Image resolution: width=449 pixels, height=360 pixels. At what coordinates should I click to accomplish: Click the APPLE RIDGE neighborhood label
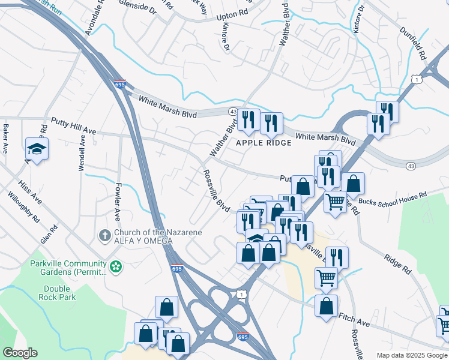pos(264,143)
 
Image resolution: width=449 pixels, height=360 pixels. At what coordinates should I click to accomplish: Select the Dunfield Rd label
pos(420,46)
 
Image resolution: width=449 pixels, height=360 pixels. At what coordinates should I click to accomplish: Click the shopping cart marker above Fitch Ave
pos(326,278)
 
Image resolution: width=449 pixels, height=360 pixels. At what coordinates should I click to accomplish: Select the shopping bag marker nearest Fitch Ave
pos(326,306)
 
